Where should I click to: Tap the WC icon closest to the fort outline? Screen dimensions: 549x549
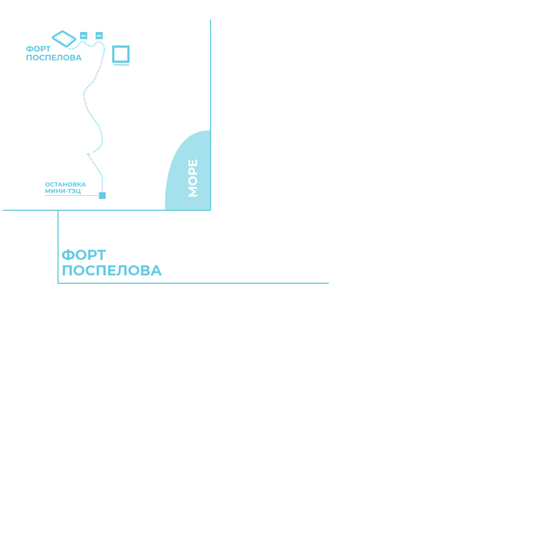click(84, 35)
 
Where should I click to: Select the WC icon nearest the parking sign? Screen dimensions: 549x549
click(99, 35)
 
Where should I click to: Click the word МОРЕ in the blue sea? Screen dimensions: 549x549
click(193, 178)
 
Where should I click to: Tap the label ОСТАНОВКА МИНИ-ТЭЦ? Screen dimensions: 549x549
click(65, 188)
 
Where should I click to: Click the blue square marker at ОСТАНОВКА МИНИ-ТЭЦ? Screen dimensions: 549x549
click(102, 195)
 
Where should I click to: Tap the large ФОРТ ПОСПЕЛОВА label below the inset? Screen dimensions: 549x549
click(111, 263)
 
